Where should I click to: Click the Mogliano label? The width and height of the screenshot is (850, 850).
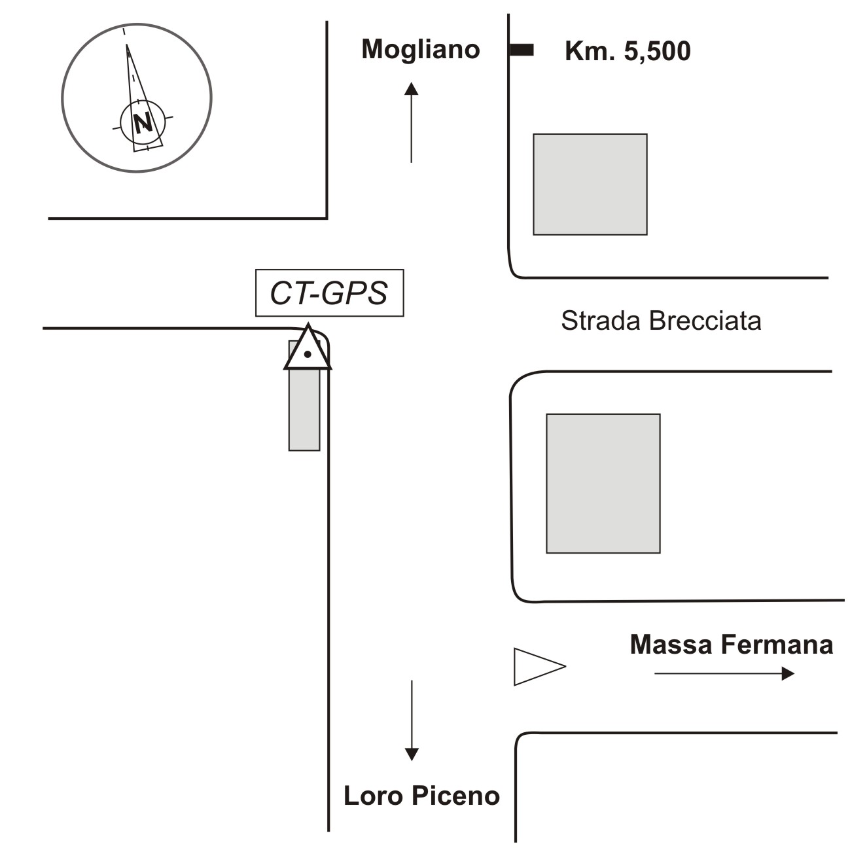click(x=421, y=50)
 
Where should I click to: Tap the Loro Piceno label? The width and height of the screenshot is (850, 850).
click(x=421, y=796)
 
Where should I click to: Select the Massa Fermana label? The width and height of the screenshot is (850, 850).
click(x=731, y=645)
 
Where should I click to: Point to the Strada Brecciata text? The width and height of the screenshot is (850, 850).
click(x=661, y=321)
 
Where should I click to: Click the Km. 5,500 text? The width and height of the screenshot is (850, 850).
click(x=628, y=52)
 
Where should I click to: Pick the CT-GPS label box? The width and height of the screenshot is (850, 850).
click(x=329, y=293)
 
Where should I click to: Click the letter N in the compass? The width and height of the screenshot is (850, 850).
click(x=143, y=121)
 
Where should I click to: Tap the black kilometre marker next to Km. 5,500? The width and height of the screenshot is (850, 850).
click(x=522, y=50)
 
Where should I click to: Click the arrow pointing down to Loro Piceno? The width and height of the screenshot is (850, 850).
click(x=411, y=720)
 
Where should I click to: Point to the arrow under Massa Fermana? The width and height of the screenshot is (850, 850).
click(x=724, y=673)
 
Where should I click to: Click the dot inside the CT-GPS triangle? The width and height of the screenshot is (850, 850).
click(x=308, y=355)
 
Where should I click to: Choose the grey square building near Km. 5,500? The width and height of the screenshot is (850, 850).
click(x=590, y=184)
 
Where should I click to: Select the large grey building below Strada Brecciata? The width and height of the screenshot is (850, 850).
click(x=603, y=483)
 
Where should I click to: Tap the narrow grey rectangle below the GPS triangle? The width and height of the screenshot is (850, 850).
click(x=304, y=409)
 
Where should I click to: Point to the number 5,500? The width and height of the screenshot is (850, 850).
click(x=657, y=52)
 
